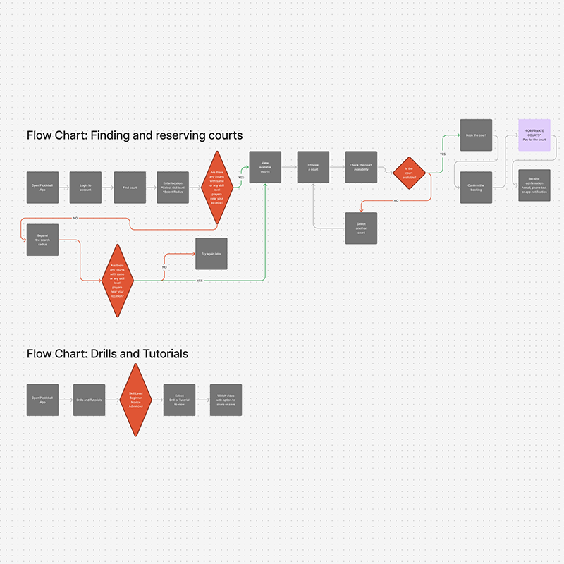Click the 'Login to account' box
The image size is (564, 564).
pos(85,188)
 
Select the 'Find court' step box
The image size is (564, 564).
pos(130,188)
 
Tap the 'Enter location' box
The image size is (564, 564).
pos(172,188)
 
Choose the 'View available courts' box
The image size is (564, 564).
pos(265,168)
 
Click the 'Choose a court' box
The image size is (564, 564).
pos(313,168)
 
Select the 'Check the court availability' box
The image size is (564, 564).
pos(361,168)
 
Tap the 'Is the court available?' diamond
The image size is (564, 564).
pos(410,173)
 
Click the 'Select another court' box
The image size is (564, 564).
pos(361,228)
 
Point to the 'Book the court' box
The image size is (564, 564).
pos(476,134)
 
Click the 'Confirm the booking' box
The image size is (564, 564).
pos(476,188)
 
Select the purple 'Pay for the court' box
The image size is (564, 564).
pos(534,134)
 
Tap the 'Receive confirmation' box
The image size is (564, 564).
pos(534,186)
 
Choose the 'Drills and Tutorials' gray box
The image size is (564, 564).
pos(89,400)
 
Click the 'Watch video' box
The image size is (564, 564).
pos(226,400)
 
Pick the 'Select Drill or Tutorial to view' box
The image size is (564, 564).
pos(179,400)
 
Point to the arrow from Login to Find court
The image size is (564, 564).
pos(108,188)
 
